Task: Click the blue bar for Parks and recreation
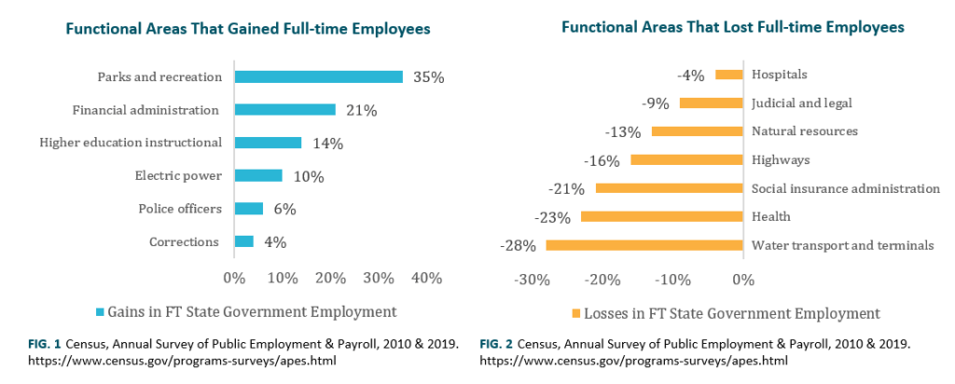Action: (318, 77)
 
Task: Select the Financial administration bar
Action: (284, 110)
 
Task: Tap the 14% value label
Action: (328, 144)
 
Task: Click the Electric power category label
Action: (178, 175)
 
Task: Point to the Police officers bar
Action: (248, 209)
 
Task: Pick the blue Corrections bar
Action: (243, 241)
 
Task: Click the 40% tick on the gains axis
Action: (426, 278)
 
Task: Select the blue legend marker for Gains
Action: (100, 311)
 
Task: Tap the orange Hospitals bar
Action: (728, 75)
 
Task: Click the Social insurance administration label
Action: (845, 188)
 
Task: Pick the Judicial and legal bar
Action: (711, 103)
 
